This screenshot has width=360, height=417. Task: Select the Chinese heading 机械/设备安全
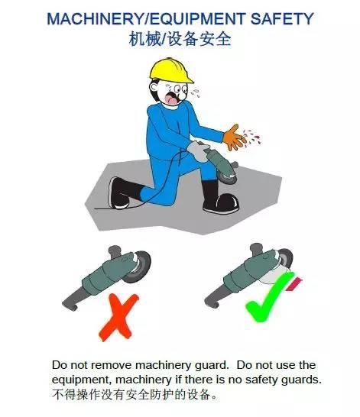180,38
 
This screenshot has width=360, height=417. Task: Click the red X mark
112,317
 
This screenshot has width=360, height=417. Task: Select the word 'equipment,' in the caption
83,379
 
